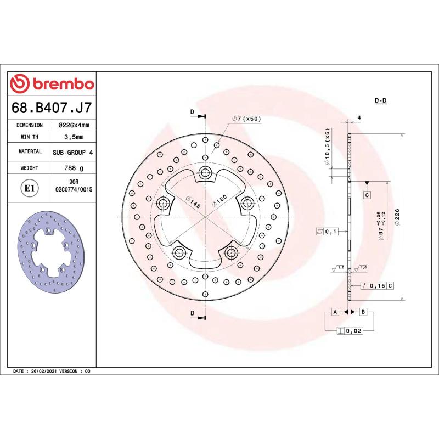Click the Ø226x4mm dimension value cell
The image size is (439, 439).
[x=74, y=125]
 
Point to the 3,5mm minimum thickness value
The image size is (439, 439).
[x=74, y=137]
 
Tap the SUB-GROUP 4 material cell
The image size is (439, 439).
[x=74, y=151]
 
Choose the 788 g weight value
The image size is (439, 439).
[x=74, y=168]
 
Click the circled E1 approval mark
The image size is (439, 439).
[x=29, y=188]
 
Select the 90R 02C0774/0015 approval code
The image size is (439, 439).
[x=74, y=185]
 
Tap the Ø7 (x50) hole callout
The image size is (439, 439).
[x=246, y=118]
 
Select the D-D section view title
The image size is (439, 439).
[x=381, y=100]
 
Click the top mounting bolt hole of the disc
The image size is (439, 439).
[x=206, y=173]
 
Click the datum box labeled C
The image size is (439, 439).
[x=367, y=195]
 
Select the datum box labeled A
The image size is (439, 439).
[x=334, y=312]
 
